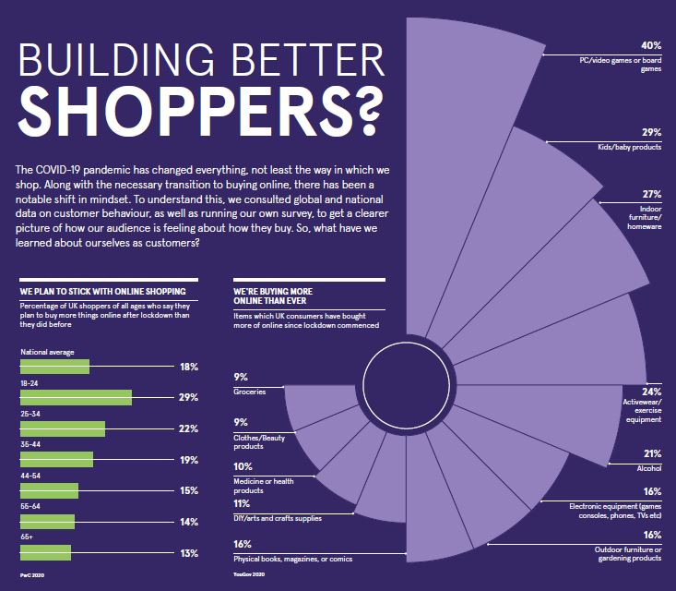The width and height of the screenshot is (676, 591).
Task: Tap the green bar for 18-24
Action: (75, 397)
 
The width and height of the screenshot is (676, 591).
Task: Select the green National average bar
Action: (53, 366)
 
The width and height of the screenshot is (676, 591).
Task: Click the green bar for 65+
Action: (44, 553)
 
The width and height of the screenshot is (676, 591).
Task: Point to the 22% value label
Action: (190, 428)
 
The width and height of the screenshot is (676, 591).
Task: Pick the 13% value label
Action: (190, 553)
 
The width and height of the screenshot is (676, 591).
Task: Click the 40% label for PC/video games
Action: (652, 44)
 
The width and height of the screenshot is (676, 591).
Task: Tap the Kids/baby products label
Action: (635, 147)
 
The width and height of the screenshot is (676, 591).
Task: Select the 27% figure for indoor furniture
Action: (652, 195)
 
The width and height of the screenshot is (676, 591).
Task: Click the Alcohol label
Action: (648, 467)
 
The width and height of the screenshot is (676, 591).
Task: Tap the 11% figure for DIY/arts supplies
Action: (242, 504)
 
